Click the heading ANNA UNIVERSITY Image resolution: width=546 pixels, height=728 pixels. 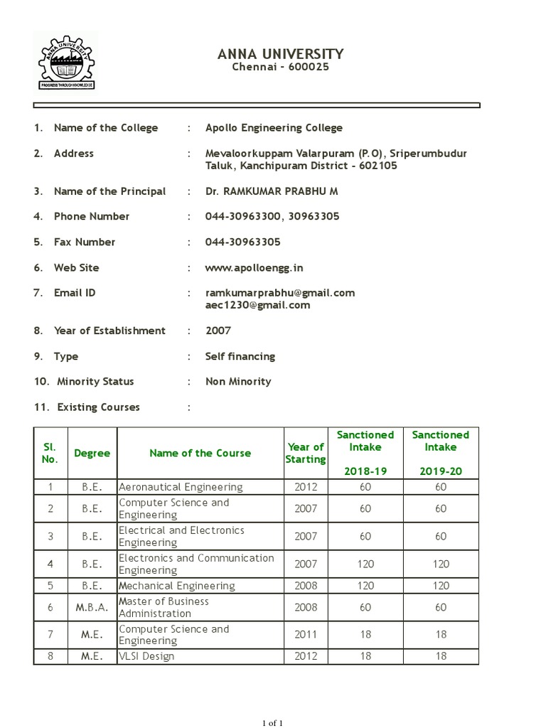[280, 54]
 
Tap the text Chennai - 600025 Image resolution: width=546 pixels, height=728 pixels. [280, 67]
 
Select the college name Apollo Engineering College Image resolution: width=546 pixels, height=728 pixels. [274, 128]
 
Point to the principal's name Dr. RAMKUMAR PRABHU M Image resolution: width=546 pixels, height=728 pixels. [272, 191]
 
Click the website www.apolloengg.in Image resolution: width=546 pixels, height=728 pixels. [254, 268]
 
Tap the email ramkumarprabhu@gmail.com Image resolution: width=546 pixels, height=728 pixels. [280, 293]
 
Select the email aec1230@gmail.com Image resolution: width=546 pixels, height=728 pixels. [257, 305]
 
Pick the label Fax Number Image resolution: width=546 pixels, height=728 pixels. [84, 242]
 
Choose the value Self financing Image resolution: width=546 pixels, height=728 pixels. [240, 356]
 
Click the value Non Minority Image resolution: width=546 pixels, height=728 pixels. [238, 382]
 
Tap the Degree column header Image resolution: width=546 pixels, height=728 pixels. [92, 454]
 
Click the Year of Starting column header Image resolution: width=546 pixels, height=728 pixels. [306, 453]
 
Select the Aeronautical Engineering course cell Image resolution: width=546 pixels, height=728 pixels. [181, 487]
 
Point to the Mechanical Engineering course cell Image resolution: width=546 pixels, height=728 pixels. [177, 586]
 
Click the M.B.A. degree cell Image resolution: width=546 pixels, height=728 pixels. [92, 607]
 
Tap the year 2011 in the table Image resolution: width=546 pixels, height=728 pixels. [306, 635]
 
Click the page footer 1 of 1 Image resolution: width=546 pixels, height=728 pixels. [273, 723]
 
